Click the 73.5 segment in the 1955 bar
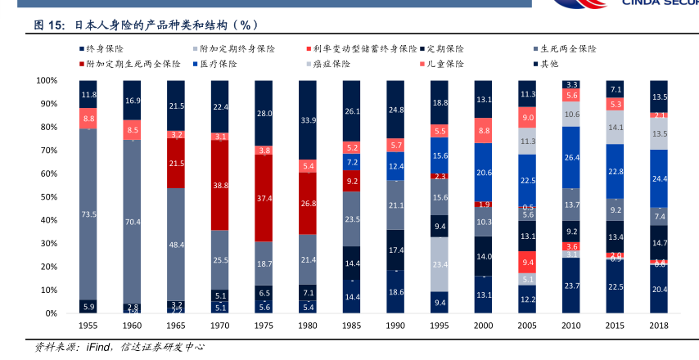[88, 214]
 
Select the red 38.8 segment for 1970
[220, 186]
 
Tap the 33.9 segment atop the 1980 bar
[308, 120]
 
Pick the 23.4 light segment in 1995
[440, 264]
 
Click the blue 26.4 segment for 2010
[571, 157]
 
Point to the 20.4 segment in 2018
[659, 289]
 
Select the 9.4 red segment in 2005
[527, 263]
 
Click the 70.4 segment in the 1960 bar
[133, 222]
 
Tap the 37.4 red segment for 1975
[264, 198]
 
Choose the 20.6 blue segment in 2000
[484, 173]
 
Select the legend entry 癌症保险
[331, 64]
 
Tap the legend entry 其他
[548, 64]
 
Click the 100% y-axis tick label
[45, 81]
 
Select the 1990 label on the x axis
[395, 326]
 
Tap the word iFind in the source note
[100, 347]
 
